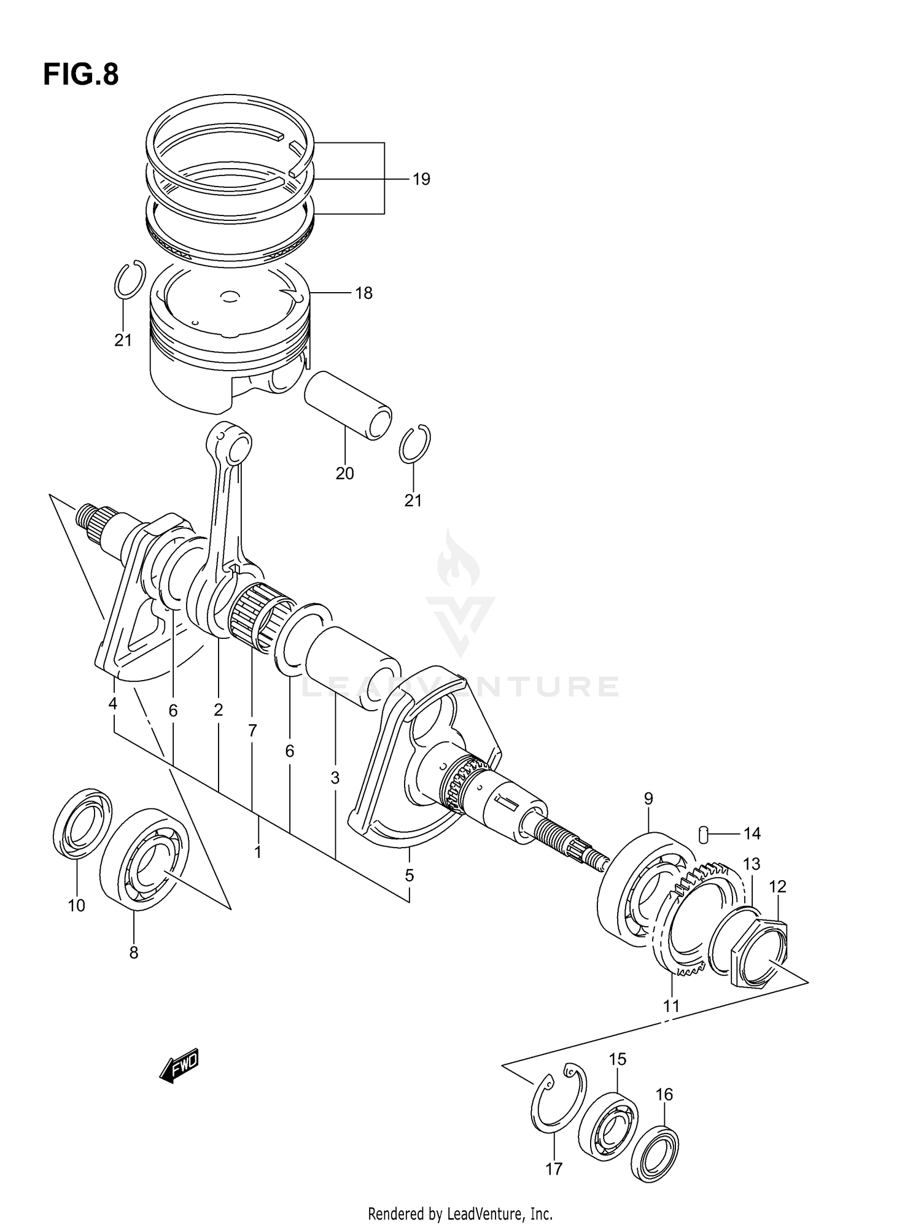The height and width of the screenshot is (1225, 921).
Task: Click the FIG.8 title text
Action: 80,75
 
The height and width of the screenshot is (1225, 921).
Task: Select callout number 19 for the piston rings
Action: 421,179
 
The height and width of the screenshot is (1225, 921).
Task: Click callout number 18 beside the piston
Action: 363,293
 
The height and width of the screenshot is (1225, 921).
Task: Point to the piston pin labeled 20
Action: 348,405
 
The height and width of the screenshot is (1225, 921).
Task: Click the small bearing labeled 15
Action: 608,1126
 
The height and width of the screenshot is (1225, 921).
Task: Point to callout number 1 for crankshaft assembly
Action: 258,852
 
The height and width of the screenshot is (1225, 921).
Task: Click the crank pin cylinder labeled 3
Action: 353,669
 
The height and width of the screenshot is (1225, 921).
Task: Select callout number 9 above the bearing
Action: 648,798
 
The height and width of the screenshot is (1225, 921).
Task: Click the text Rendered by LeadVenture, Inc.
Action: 460,1213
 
